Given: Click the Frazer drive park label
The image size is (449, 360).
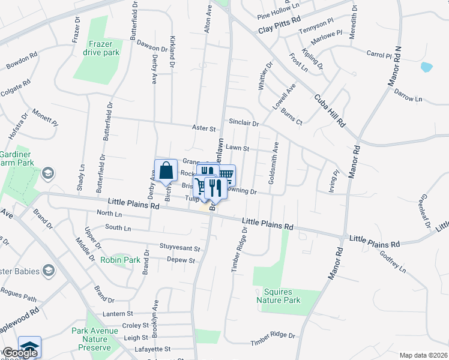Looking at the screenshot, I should (x=103, y=48).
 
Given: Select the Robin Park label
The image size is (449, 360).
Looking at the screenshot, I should (x=120, y=260).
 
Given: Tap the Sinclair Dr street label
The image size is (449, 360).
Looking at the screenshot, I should (x=244, y=122).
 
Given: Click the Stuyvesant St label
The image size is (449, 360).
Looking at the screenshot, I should (x=179, y=247).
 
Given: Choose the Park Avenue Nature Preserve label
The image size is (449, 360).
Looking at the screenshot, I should (x=91, y=339).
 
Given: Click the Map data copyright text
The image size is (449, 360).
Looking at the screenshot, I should (x=423, y=355).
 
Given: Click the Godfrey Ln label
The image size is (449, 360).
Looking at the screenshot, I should (x=393, y=262).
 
